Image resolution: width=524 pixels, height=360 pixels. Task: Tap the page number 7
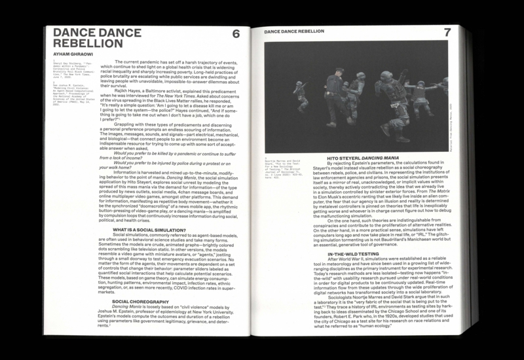point(447,33)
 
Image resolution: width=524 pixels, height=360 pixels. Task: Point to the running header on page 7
point(293,31)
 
